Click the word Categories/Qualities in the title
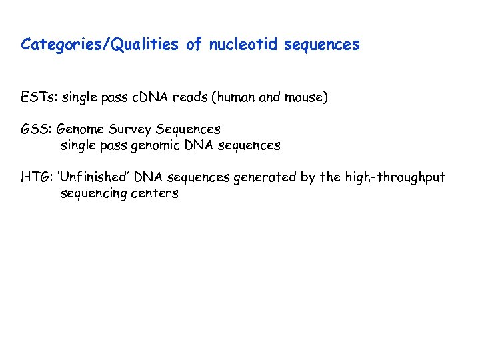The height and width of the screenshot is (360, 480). click(101, 45)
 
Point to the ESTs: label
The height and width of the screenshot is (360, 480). click(39, 97)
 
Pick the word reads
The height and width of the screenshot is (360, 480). click(189, 97)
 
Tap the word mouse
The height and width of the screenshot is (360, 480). click(305, 97)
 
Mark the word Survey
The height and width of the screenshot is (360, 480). click(131, 129)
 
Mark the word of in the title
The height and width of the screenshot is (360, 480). click(194, 45)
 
